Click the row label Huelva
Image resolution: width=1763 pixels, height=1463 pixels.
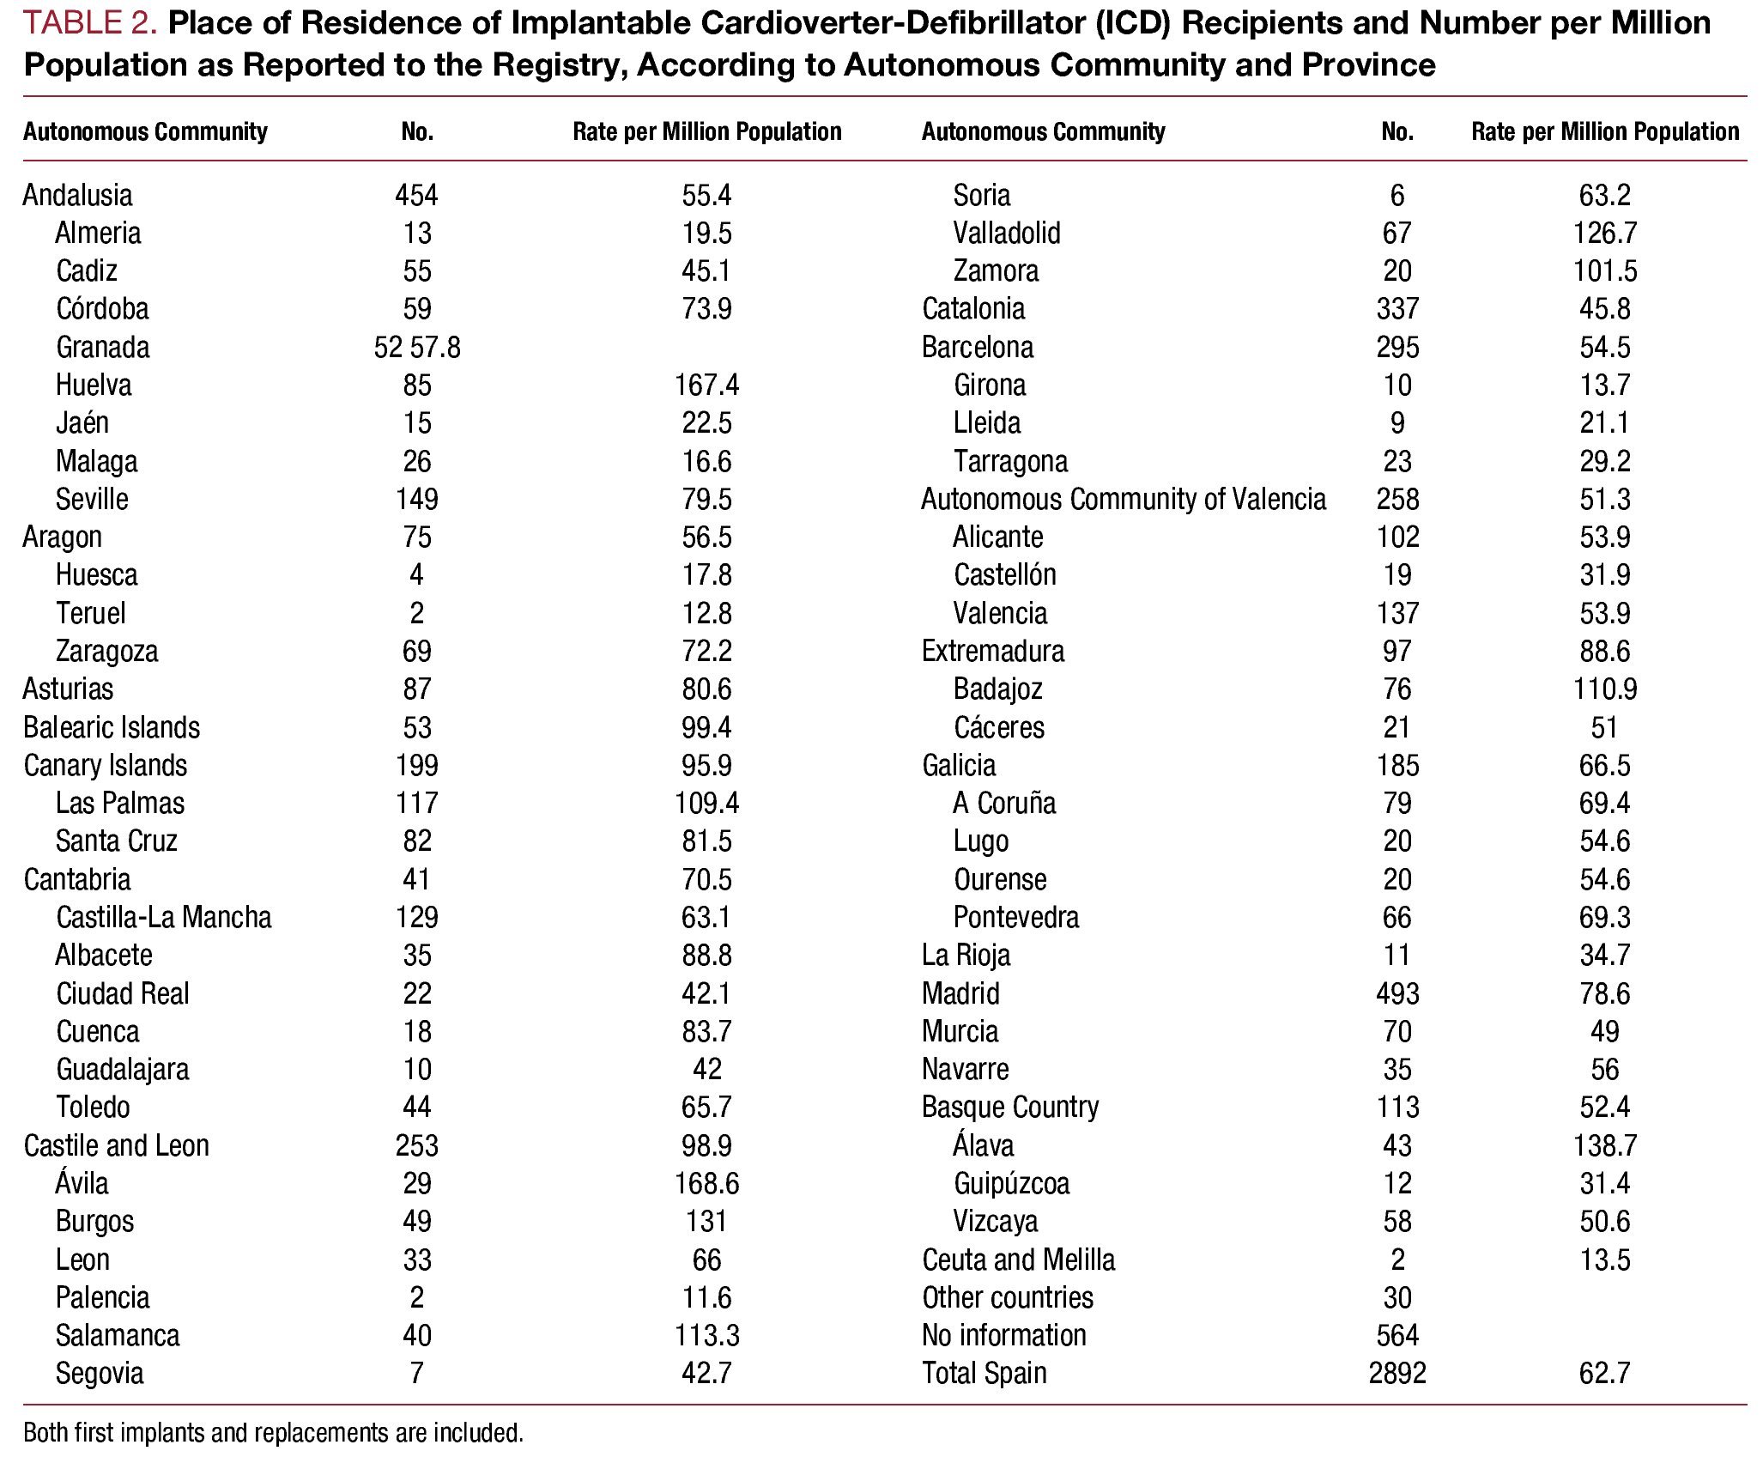[x=94, y=385]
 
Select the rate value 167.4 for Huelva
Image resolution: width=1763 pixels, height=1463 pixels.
[x=706, y=385]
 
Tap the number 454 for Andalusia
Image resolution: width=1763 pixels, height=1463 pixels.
[x=416, y=195]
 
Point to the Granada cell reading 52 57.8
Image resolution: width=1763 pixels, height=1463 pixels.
[x=417, y=347]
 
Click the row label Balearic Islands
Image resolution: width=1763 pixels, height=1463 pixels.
[x=112, y=727]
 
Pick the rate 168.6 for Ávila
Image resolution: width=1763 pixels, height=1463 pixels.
[x=706, y=1183]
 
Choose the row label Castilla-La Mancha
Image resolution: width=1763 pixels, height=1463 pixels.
[x=164, y=917]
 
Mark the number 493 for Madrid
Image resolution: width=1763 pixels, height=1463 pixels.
[x=1397, y=993]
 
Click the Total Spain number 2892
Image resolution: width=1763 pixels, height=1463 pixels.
[x=1397, y=1373]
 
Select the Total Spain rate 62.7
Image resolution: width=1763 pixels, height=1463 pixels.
[x=1604, y=1373]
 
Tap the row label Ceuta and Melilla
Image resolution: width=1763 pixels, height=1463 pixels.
[x=1019, y=1260]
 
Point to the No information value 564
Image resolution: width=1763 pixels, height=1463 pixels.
[x=1397, y=1335]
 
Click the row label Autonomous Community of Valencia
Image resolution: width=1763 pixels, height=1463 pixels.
[x=1124, y=499]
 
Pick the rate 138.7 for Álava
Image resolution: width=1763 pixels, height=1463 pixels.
[x=1604, y=1145]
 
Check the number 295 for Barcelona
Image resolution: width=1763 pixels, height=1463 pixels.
[x=1397, y=347]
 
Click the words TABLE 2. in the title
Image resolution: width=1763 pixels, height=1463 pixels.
[x=90, y=23]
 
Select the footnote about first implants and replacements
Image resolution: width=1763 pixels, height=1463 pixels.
[x=273, y=1433]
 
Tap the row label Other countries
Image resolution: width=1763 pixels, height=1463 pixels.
[x=1008, y=1297]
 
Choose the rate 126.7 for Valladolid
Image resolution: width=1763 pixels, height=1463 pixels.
[x=1604, y=233]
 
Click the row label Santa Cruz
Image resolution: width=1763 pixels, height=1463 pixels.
[x=117, y=841]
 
